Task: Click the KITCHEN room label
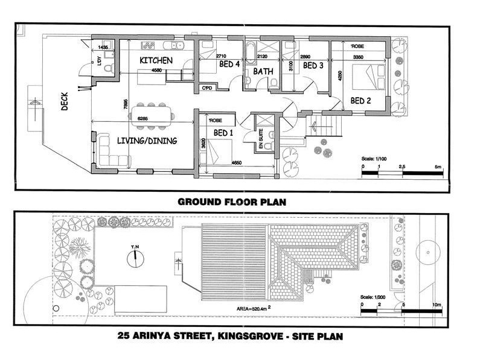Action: click(x=156, y=61)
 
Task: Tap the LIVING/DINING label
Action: click(x=147, y=141)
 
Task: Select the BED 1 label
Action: click(x=223, y=133)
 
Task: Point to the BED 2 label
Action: click(x=360, y=101)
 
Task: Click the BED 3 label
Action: click(x=313, y=65)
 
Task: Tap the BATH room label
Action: click(x=263, y=72)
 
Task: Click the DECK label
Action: click(x=65, y=102)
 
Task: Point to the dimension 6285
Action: click(x=144, y=119)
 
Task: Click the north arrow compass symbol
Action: click(x=136, y=258)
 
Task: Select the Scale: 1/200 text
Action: click(x=372, y=297)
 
